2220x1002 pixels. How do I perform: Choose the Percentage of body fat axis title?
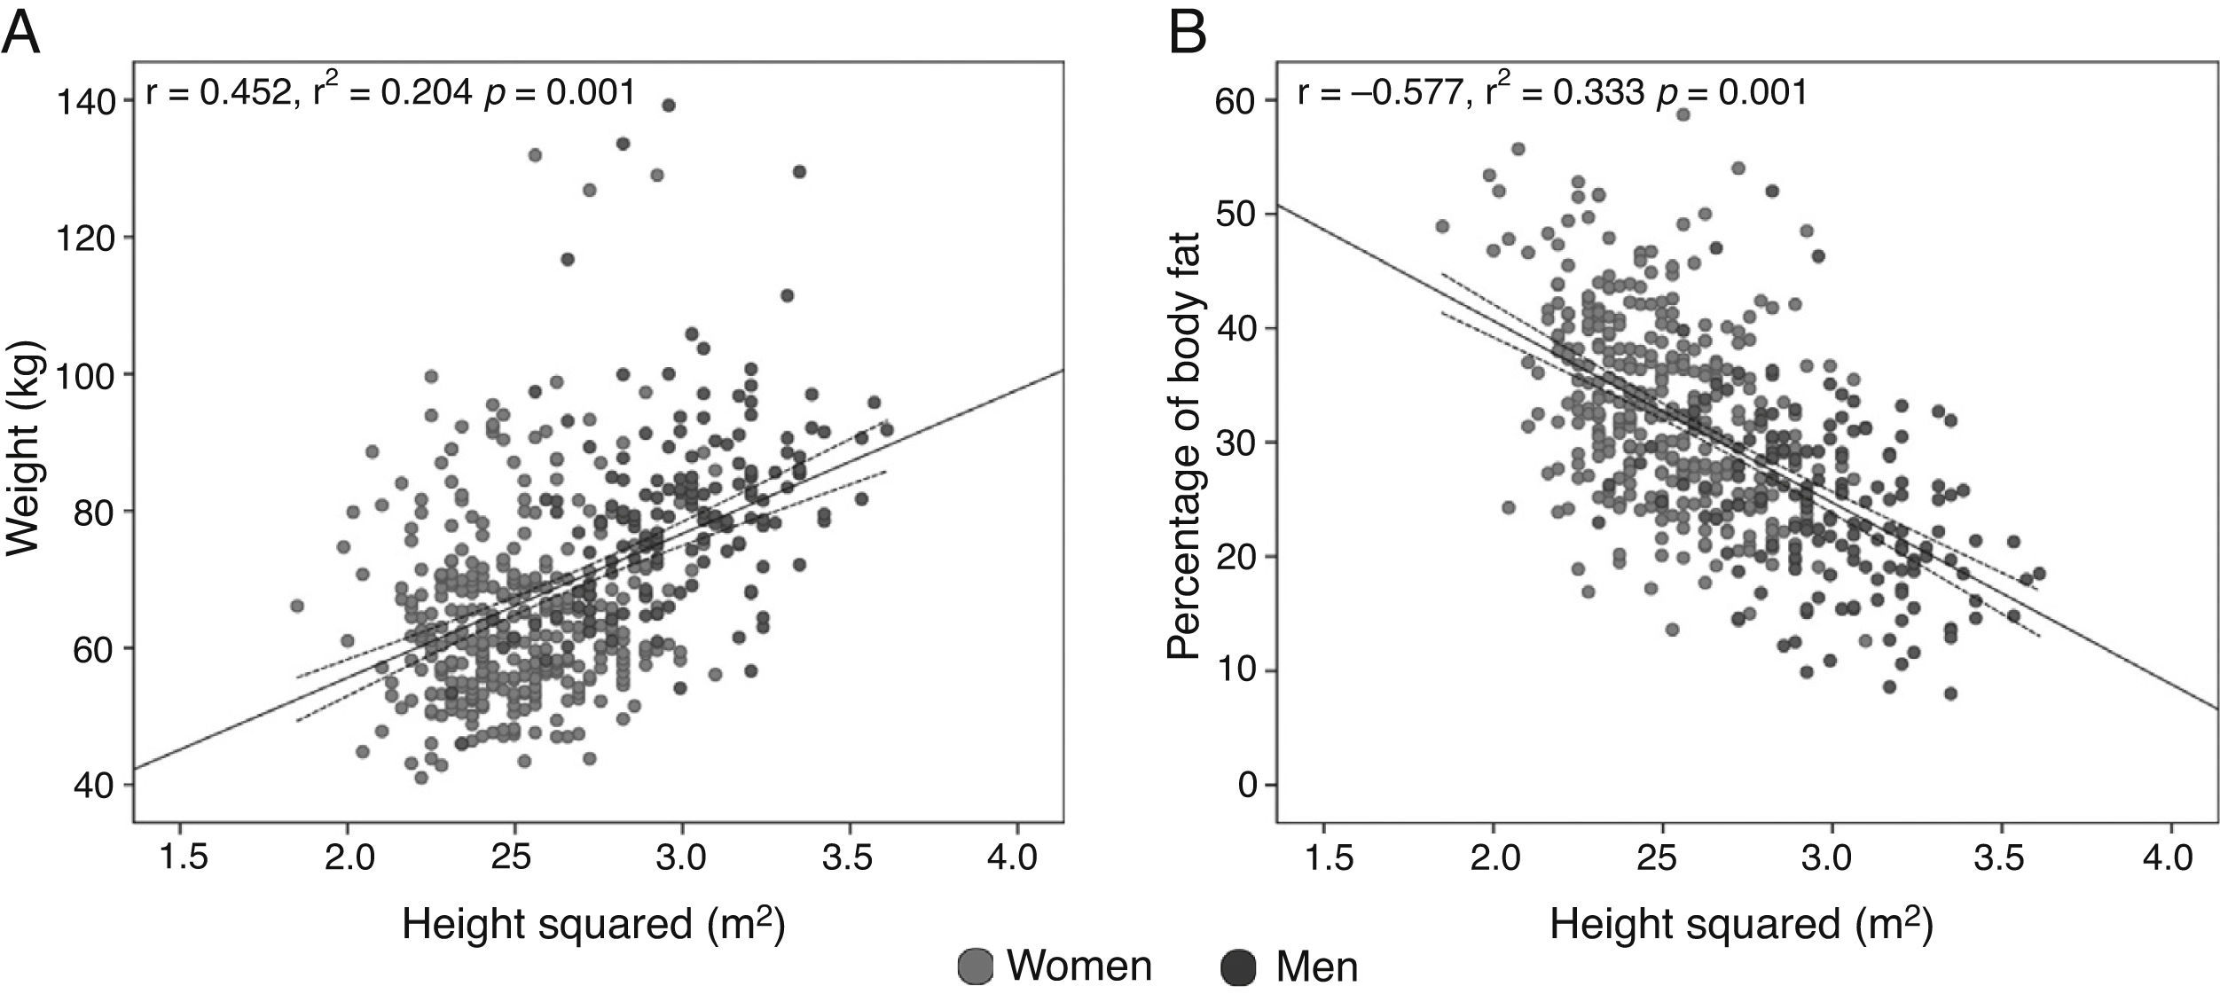1183,446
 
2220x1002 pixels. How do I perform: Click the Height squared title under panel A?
593,925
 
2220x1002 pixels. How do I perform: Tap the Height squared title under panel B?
1742,925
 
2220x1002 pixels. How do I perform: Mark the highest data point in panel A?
669,106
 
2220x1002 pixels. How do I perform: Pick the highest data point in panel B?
1683,114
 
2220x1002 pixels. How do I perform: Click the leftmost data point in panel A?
297,606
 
